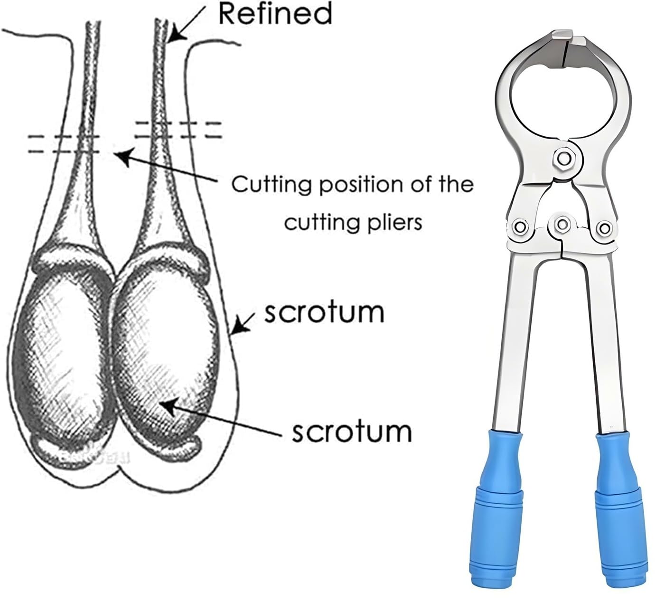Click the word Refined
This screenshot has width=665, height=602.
pos(275,13)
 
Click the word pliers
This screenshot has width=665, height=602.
pos(390,223)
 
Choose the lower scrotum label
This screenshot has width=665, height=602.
pos(352,432)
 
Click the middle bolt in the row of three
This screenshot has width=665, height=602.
pos(562,225)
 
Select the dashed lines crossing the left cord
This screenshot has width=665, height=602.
pos(64,144)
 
